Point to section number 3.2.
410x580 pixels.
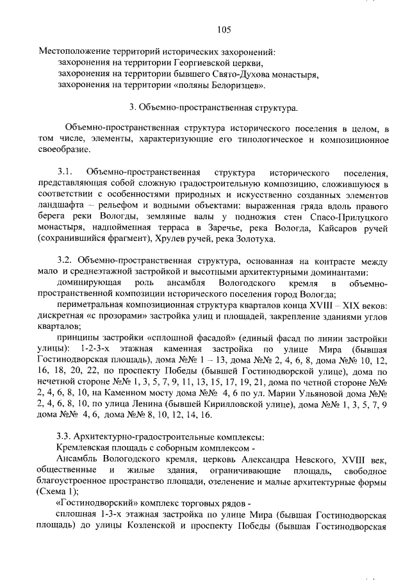(x=65, y=261)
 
